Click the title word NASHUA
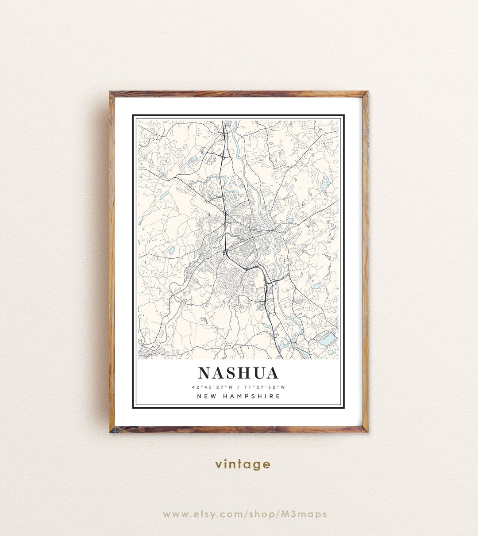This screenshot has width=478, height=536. (x=239, y=373)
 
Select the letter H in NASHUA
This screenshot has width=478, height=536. (x=242, y=373)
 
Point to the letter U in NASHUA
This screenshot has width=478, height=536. (x=257, y=373)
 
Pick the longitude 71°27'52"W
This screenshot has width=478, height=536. (x=267, y=387)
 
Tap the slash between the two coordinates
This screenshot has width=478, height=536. (x=238, y=387)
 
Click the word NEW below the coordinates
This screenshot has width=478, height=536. (x=207, y=396)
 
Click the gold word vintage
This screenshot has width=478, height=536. (x=243, y=464)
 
